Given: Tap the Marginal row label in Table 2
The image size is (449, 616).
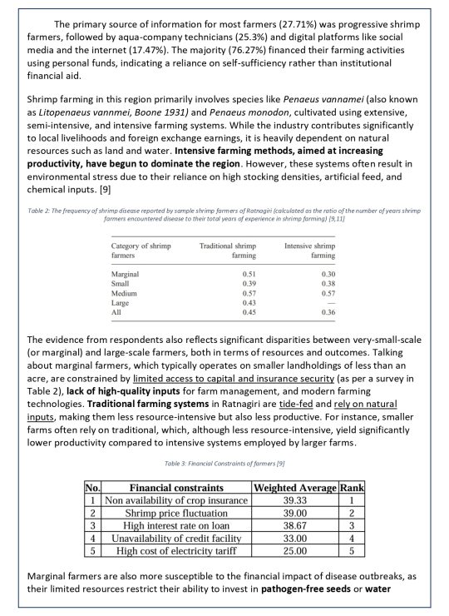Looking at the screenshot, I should pos(126,273).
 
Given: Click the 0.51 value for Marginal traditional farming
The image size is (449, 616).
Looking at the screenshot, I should pos(247,273).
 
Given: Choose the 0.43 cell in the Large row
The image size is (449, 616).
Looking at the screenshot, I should pos(247,303).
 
